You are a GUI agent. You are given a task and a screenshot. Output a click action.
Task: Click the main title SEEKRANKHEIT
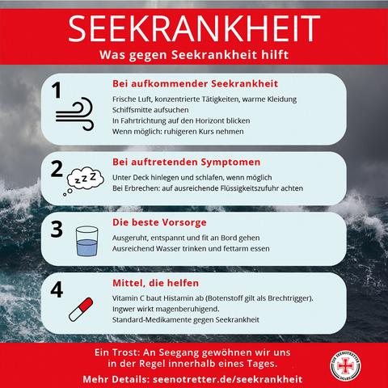click(x=193, y=27)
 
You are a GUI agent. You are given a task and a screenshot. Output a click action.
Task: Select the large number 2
click(x=57, y=169)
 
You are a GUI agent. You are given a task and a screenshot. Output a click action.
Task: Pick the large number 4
click(x=57, y=289)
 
